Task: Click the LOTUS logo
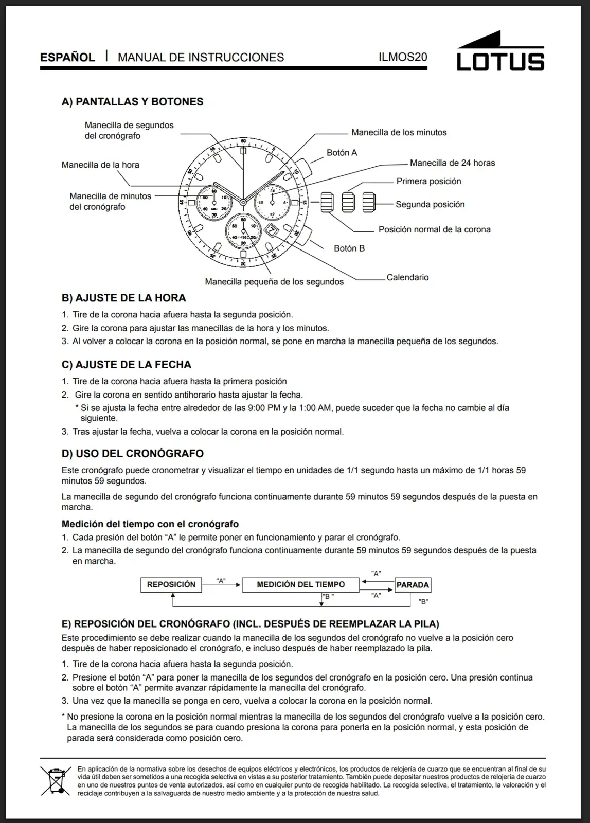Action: coord(500,53)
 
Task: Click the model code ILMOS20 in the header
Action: coord(402,57)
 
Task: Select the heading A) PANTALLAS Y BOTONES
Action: coord(132,102)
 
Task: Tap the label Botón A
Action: coord(342,153)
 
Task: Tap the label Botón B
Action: coord(349,248)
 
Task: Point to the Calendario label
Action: coord(407,277)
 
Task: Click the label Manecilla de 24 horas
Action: coord(452,163)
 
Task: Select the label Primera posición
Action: coord(428,181)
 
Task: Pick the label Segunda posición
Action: coord(430,204)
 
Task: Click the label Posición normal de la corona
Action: coord(434,229)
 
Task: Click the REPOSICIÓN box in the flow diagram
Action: coord(171,585)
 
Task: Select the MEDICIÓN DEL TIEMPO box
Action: coord(300,585)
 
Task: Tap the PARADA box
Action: coord(413,585)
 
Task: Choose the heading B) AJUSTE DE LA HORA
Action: coord(123,298)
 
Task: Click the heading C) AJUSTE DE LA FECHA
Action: coord(126,365)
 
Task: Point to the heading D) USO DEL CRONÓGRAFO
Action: coord(132,454)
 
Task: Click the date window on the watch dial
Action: coord(272,230)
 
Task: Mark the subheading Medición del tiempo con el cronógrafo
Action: coord(150,524)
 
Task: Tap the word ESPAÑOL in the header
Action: coord(67,57)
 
